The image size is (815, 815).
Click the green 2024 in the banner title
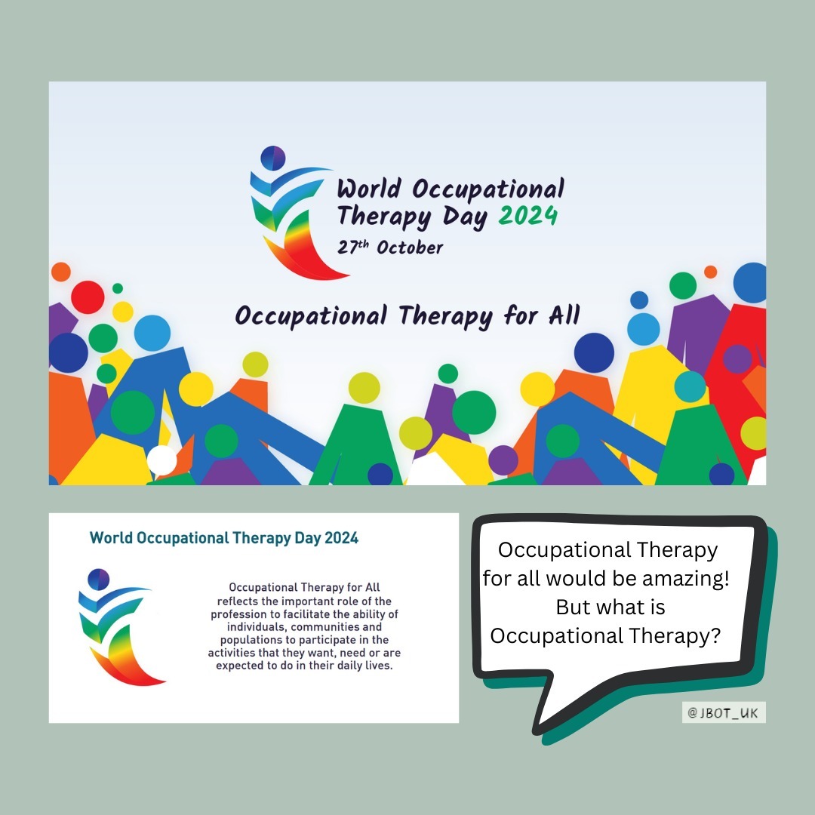pos(528,216)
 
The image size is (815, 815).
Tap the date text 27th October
pos(390,248)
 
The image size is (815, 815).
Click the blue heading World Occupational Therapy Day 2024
pos(224,538)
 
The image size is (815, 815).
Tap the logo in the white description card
pos(121,626)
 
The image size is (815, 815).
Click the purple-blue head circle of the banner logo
pos(273,158)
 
